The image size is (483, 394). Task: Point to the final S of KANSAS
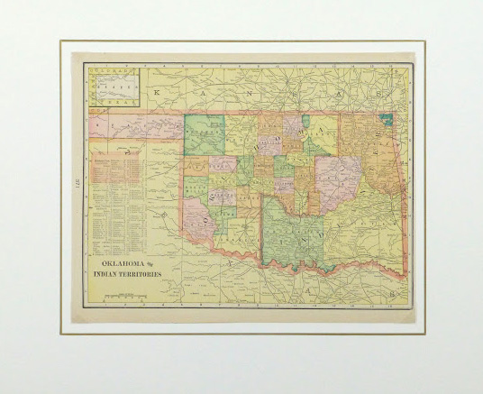pos(379,92)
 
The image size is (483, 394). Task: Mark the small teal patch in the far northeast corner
pos(387,119)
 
